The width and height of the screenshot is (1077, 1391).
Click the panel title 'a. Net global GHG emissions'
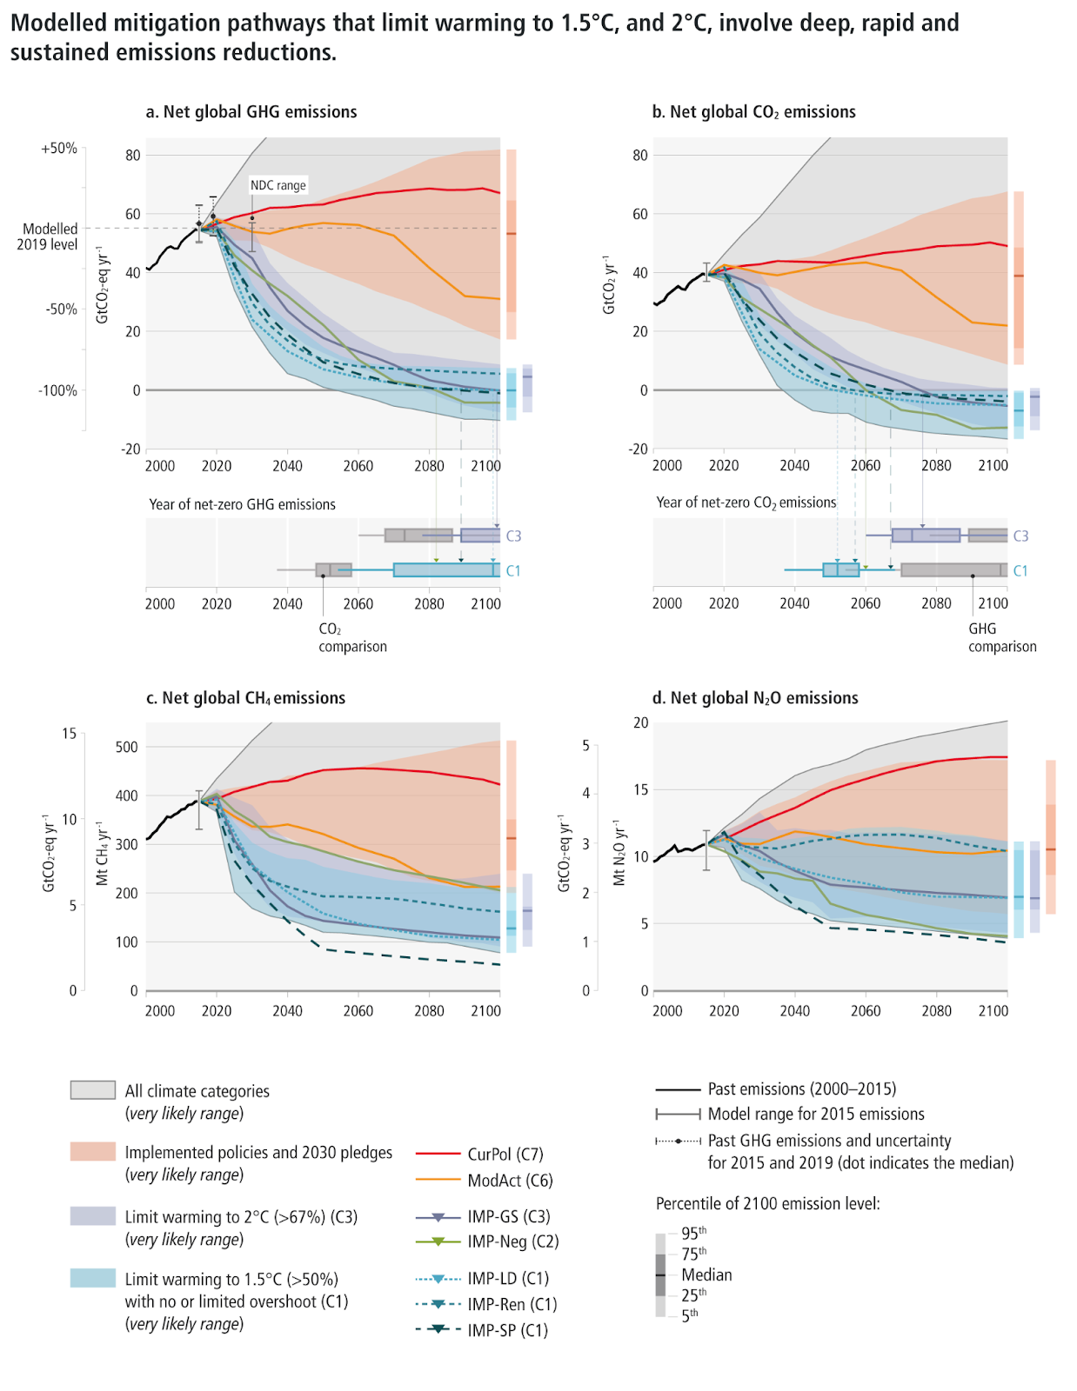pos(251,112)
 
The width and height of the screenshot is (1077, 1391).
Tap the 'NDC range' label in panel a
pos(278,185)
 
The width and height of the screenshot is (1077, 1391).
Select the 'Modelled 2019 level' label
pos(50,236)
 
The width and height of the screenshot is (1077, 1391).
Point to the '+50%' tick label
pos(59,149)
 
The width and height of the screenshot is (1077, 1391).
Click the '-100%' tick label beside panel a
pos(57,391)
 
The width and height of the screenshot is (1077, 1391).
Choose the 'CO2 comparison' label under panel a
pos(352,637)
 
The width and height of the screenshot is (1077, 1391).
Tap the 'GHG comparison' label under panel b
pos(1002,637)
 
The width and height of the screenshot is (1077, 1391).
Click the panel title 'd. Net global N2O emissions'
pos(755,698)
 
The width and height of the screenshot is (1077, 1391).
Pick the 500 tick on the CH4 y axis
pos(127,747)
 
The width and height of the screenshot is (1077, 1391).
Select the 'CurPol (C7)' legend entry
pos(505,1155)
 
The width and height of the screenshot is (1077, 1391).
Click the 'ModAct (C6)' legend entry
pos(510,1181)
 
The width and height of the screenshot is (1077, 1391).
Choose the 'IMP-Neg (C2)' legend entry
pos(513,1241)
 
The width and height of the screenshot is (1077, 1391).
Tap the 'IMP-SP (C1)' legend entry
pos(508,1330)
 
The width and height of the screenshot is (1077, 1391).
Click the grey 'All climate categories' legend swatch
pos(93,1090)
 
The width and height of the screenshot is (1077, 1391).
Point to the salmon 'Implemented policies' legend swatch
pos(93,1152)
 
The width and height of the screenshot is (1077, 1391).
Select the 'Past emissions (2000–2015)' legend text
pos(801,1089)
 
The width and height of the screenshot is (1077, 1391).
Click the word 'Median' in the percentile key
pos(706,1275)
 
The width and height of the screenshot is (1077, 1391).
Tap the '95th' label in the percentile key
pos(693,1233)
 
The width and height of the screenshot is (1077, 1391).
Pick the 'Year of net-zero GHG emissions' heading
pos(242,505)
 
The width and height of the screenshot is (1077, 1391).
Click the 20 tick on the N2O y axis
pos(641,723)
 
